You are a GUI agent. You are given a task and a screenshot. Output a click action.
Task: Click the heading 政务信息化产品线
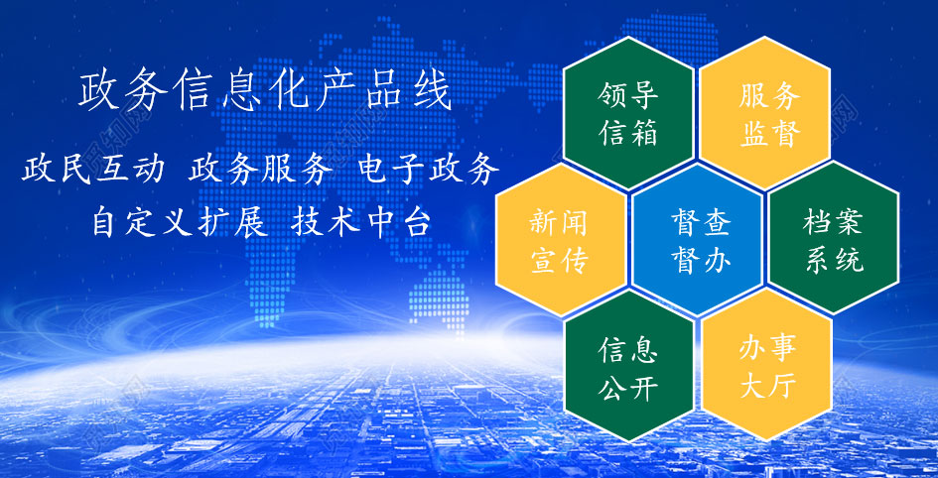264,92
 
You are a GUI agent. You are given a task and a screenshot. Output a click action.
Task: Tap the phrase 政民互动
93,170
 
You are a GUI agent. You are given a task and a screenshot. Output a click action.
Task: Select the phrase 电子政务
430,170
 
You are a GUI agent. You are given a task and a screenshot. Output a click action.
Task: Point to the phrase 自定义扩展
180,223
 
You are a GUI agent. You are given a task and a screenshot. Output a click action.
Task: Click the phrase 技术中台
361,223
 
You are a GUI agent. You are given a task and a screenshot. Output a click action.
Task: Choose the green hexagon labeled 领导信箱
628,113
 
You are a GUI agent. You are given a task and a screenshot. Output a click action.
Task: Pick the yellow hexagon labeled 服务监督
764,113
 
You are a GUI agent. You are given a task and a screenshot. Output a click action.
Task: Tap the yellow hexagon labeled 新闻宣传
561,240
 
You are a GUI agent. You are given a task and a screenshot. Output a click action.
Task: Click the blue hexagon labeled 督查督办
697,240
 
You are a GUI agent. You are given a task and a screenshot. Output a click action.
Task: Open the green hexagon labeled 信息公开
628,365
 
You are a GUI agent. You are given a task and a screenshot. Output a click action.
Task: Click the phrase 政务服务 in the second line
261,170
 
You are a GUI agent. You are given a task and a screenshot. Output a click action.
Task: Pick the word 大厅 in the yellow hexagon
768,386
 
